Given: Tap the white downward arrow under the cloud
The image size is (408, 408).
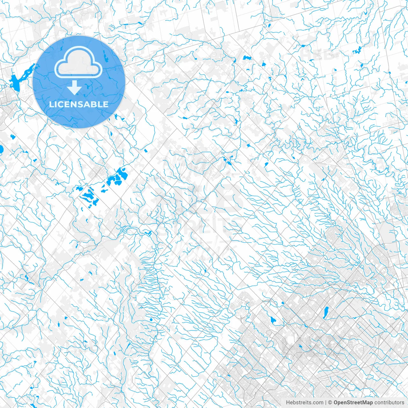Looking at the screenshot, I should [x=75, y=87].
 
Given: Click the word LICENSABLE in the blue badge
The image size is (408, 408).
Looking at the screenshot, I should [x=79, y=104].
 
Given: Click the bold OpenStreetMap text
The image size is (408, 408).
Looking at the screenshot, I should [x=353, y=403].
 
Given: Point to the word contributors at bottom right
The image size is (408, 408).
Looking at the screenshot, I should [x=389, y=403].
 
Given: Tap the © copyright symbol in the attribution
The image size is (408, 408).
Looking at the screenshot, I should [x=330, y=403].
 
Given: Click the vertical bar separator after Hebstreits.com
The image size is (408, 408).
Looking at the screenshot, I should [x=325, y=403].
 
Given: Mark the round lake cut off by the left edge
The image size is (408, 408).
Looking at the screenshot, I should [x=1, y=149].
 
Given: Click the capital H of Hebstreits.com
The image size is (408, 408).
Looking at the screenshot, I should [x=288, y=403].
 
